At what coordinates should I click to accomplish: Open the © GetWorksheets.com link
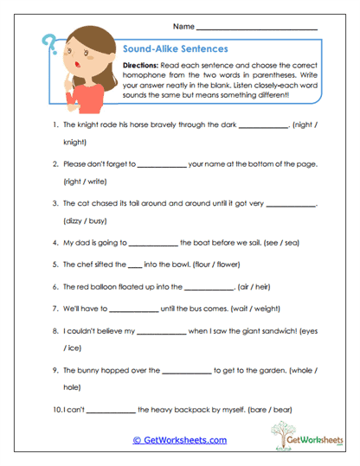179,440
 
